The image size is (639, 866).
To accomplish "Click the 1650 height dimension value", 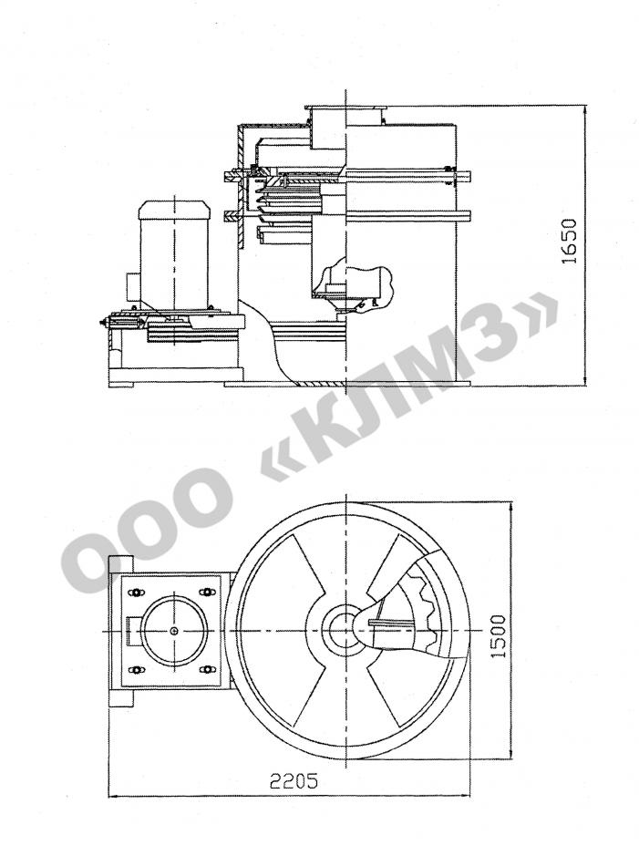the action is (x=570, y=242).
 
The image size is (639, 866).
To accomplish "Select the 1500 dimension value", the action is (x=499, y=635).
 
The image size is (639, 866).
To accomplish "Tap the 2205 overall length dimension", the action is (x=294, y=781).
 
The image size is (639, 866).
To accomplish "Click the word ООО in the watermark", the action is (x=150, y=528).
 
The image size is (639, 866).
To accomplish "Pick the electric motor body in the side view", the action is (x=173, y=254).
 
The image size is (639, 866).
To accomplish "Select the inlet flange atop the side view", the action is (x=345, y=108).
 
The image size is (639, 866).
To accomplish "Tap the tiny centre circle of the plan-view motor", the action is (x=174, y=631).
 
